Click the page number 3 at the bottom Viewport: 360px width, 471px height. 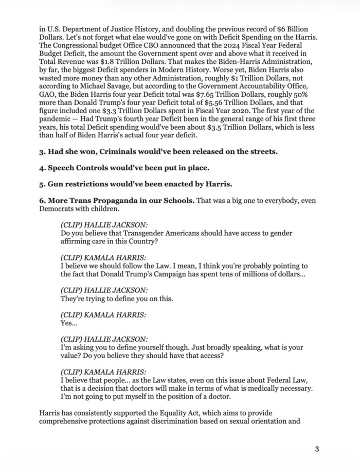click(x=317, y=449)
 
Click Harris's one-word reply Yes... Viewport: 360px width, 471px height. click(x=67, y=324)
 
